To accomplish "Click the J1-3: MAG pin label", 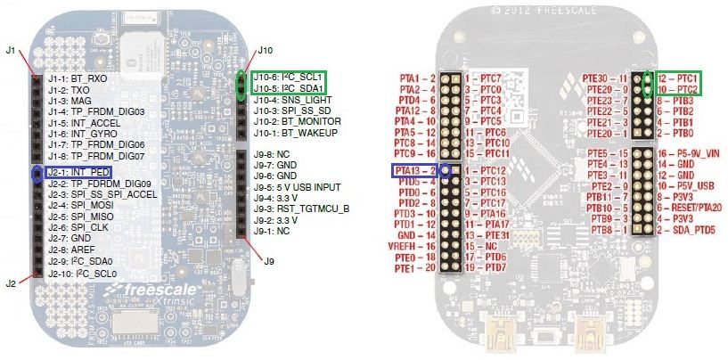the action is pyautogui.click(x=70, y=101).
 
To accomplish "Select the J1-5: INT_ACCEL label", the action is pyautogui.click(x=84, y=123).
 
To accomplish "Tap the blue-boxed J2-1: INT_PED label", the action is pyautogui.click(x=79, y=172).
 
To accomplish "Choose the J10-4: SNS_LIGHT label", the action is pyautogui.click(x=292, y=100).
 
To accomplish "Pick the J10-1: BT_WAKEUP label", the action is pyautogui.click(x=295, y=133).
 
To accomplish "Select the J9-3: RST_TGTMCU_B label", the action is pyautogui.click(x=301, y=209).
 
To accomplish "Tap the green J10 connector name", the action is pyautogui.click(x=266, y=50).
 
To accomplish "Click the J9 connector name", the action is pyautogui.click(x=269, y=261).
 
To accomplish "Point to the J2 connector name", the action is pyautogui.click(x=11, y=282).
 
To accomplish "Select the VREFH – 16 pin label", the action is pyautogui.click(x=412, y=247).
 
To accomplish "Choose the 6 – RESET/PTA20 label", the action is pyautogui.click(x=690, y=209).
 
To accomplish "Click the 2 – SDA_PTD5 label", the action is pyautogui.click(x=686, y=230).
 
